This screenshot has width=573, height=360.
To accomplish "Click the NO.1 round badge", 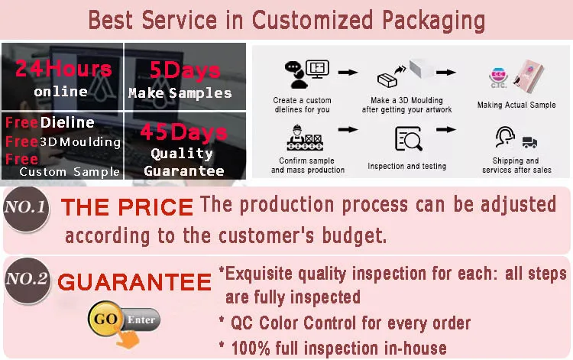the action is (26, 209).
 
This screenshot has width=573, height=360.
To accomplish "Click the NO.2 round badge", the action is (28, 281).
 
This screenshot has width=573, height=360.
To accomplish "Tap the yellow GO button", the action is (105, 319).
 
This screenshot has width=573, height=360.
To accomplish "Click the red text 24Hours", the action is (63, 68).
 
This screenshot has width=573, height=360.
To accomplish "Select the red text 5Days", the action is (185, 70).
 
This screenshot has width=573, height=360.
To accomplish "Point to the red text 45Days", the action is (184, 132).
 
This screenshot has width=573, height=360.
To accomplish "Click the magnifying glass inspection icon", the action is (409, 138).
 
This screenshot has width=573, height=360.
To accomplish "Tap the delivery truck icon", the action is (529, 142).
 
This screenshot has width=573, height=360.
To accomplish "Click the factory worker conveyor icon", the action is (304, 138).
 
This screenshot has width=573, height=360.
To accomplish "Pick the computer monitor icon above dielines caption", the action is (317, 69).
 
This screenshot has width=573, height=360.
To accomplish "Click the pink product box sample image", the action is (529, 76).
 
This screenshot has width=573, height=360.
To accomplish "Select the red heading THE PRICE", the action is (127, 207).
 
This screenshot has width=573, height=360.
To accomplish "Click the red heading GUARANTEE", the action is (134, 282).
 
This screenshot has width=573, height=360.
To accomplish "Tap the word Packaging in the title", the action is (434, 20).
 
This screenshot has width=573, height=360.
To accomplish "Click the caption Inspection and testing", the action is (406, 166).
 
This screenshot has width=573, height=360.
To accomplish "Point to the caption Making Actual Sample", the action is (516, 105).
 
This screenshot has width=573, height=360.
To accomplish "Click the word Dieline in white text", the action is (67, 122).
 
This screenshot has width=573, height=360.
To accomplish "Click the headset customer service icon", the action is (506, 137).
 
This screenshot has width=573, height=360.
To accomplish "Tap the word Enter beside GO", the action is (141, 319).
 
